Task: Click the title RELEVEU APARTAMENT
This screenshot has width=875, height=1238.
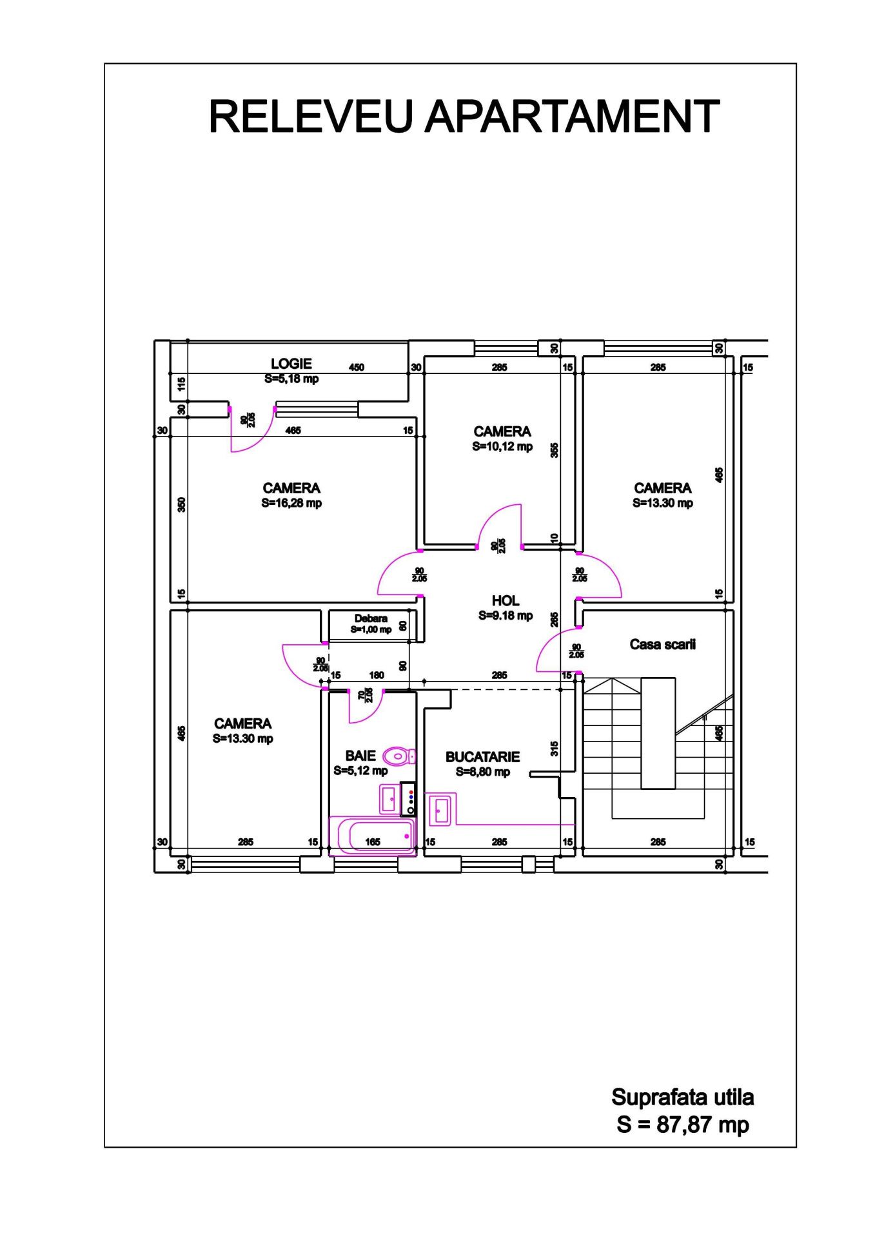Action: point(464,117)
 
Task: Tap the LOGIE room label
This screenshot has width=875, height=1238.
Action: point(291,364)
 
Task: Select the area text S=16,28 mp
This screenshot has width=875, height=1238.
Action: point(291,503)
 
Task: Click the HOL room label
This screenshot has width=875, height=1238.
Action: point(506,601)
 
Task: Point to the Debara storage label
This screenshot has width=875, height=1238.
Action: point(371,618)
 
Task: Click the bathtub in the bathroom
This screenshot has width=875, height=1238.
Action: point(373,836)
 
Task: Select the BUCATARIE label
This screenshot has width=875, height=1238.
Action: point(482,757)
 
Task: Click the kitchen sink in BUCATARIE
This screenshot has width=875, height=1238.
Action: point(442,809)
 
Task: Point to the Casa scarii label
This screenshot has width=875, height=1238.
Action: point(662,644)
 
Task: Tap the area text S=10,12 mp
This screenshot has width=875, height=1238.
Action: point(502,446)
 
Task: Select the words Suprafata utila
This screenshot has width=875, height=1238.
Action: point(683,1097)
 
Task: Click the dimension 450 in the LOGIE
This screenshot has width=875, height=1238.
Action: point(357,368)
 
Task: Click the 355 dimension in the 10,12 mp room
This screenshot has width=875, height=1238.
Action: point(555,450)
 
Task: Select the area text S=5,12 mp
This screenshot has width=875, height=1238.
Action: point(360,771)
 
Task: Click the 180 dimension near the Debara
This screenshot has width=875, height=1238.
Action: point(377,676)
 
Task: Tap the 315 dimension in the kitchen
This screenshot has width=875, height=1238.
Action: point(555,749)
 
